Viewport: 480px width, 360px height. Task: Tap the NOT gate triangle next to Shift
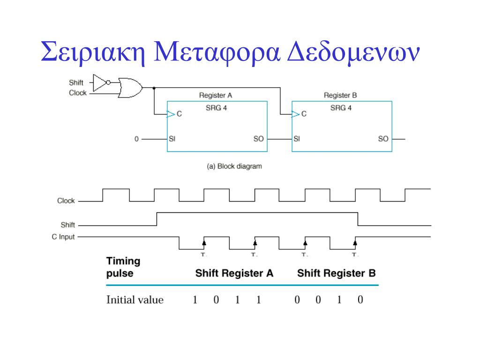coord(99,82)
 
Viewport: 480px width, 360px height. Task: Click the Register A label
coord(216,95)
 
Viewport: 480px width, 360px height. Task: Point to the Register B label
coord(340,95)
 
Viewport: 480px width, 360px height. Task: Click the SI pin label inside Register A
coord(172,139)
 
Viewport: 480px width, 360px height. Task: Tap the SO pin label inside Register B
coord(383,139)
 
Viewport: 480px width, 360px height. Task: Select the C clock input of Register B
coord(304,114)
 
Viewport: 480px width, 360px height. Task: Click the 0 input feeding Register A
coord(136,139)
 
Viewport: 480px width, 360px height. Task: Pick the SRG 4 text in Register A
coord(217,108)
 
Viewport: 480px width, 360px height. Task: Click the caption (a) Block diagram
coord(234,166)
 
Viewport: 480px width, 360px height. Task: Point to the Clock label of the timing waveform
coord(66,201)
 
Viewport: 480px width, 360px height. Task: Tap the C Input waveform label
coord(63,237)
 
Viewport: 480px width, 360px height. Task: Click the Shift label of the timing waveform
coord(67,225)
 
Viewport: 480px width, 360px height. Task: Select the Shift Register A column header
coord(234,273)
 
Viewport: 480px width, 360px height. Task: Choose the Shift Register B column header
coord(336,273)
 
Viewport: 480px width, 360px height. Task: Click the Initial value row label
coord(135,300)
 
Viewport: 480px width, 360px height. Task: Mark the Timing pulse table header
coord(123,267)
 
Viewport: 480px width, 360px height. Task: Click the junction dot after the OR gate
coord(154,87)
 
